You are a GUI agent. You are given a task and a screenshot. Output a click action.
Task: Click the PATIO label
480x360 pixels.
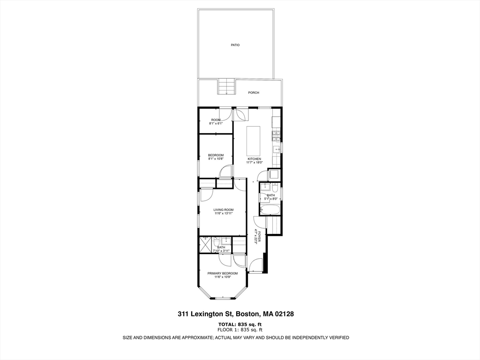coord(235,45)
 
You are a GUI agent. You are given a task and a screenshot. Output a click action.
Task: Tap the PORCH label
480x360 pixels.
coord(254,93)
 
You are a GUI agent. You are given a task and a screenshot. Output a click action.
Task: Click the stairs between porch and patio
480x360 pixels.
coord(226,87)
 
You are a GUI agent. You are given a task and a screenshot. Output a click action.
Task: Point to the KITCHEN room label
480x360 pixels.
coord(254,159)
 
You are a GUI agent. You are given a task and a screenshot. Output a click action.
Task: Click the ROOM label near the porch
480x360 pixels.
coord(215,120)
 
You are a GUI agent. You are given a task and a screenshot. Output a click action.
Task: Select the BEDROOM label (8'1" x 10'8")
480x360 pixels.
coord(216,155)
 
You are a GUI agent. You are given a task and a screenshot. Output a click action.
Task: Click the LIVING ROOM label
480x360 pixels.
coord(223,210)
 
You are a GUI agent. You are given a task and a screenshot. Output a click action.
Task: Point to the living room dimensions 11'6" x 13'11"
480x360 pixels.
coord(224,213)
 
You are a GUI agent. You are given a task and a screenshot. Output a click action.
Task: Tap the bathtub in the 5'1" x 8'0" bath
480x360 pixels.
coord(270,210)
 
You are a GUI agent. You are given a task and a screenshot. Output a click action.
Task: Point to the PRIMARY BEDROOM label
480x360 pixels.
coord(223,273)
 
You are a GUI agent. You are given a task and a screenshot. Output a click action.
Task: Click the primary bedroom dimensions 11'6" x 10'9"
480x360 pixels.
coord(223,277)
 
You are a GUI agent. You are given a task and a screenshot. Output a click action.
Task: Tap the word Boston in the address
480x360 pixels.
coord(247,314)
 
